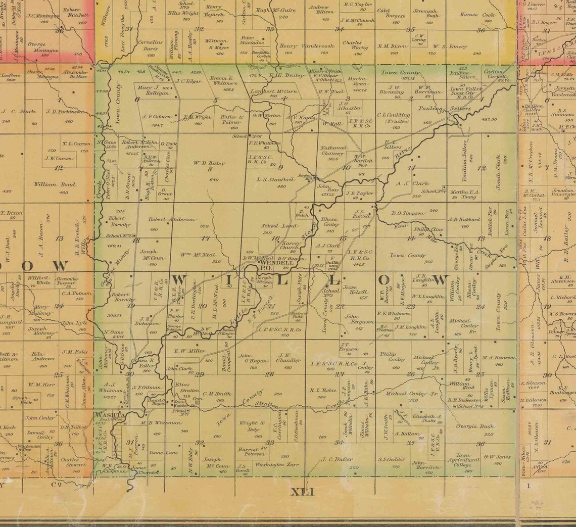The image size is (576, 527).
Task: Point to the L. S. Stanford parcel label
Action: (x=276, y=179)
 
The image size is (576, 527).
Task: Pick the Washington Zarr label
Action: (x=276, y=464)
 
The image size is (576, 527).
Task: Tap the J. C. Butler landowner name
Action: (x=337, y=459)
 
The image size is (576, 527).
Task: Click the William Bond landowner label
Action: (x=55, y=184)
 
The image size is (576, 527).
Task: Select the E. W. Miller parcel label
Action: (x=189, y=351)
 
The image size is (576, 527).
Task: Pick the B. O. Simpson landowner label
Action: (x=407, y=213)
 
